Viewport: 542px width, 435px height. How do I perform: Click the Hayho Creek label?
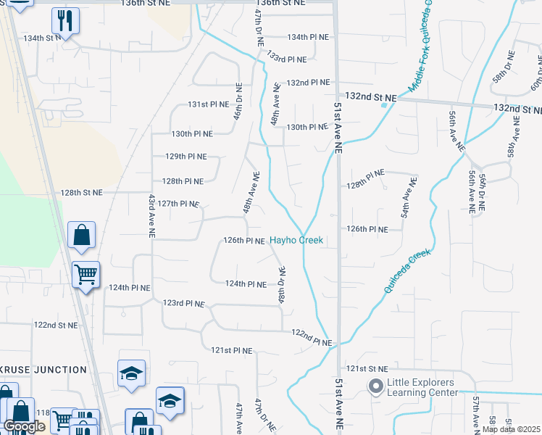click(296, 240)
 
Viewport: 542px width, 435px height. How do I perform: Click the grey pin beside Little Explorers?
click(375, 387)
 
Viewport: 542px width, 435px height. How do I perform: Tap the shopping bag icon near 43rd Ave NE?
click(81, 236)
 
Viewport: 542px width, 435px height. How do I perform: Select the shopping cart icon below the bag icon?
click(86, 275)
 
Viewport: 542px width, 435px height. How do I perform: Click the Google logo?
click(25, 426)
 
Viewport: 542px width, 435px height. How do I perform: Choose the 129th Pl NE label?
click(186, 157)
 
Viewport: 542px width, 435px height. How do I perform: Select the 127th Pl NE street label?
click(178, 204)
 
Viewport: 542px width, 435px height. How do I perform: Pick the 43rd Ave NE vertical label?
click(152, 216)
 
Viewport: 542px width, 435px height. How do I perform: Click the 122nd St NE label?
click(56, 326)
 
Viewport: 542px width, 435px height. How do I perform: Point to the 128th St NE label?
click(82, 193)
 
